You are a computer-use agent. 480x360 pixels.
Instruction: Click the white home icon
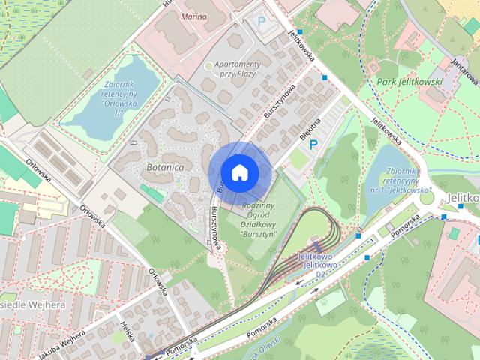(x=239, y=172)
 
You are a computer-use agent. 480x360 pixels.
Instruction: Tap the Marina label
(x=193, y=15)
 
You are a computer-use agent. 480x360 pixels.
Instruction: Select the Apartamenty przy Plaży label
(x=237, y=69)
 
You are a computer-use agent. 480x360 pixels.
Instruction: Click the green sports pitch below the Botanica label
(x=151, y=193)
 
